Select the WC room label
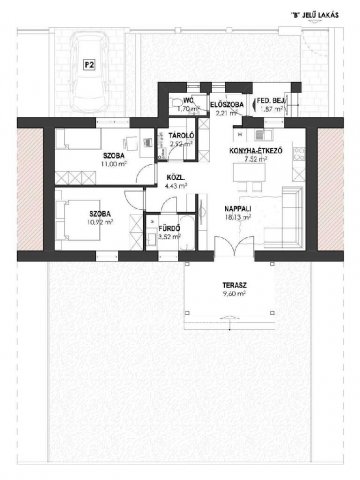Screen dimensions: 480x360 pyautogui.click(x=187, y=101)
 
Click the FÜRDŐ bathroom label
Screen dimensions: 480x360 pyautogui.click(x=169, y=229)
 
